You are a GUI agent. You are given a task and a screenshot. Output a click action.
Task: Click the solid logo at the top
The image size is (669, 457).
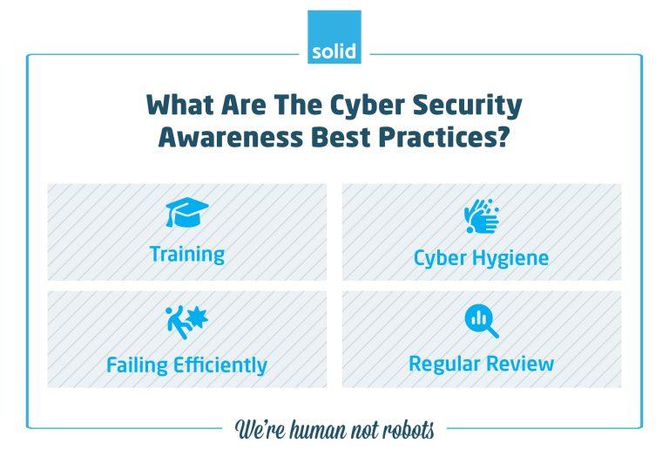click(x=334, y=38)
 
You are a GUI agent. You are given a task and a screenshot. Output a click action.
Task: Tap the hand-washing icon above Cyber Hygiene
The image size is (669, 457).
click(x=481, y=215)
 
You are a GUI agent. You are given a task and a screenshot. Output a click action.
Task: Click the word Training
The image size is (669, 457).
click(x=186, y=255)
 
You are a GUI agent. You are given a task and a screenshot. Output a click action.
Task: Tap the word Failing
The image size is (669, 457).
click(x=137, y=365)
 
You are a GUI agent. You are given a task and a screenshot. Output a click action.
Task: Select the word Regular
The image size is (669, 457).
click(x=443, y=363)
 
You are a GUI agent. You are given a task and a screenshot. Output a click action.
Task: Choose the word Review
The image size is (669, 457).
click(x=519, y=363)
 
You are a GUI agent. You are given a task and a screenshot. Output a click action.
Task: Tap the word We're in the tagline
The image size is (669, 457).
click(x=261, y=430)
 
